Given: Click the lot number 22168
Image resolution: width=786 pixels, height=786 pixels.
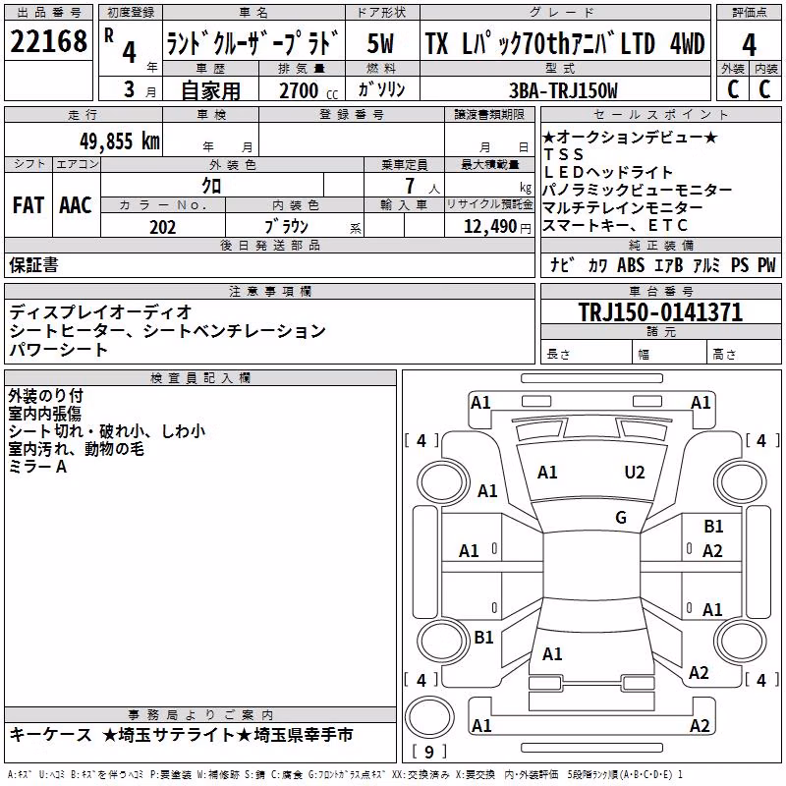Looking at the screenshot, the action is [48, 41].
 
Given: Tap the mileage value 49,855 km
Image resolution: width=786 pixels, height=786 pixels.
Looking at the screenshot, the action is [120, 141].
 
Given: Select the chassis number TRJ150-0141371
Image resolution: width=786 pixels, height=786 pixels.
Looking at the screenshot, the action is [660, 312].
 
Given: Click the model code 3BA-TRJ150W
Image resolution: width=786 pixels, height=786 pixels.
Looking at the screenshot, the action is [563, 90].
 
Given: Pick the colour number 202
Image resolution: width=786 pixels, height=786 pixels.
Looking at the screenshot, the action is [162, 227].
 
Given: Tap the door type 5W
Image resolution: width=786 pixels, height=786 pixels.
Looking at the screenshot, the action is [380, 43].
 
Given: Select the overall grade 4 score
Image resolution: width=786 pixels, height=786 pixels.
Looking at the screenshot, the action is [749, 45].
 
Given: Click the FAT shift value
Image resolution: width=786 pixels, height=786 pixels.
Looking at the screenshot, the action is [28, 205].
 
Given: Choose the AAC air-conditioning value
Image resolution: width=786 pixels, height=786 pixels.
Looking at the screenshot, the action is [76, 205].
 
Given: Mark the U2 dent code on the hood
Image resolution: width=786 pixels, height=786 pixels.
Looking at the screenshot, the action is [635, 473].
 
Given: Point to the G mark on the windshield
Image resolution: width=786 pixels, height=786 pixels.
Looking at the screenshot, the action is [621, 518].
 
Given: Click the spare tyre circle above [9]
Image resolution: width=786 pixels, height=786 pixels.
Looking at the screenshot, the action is [429, 717].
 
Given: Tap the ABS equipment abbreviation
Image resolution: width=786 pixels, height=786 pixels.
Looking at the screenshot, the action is [631, 265].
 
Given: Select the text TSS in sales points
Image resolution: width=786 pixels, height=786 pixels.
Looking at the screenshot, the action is [564, 154].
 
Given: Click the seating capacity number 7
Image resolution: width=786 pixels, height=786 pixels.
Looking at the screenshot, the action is [410, 186].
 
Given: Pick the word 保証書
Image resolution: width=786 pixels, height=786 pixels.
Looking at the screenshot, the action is [33, 265].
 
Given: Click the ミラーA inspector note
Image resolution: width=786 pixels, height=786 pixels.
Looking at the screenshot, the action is [37, 467].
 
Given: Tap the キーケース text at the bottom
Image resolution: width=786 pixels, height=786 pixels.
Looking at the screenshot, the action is [51, 735].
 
